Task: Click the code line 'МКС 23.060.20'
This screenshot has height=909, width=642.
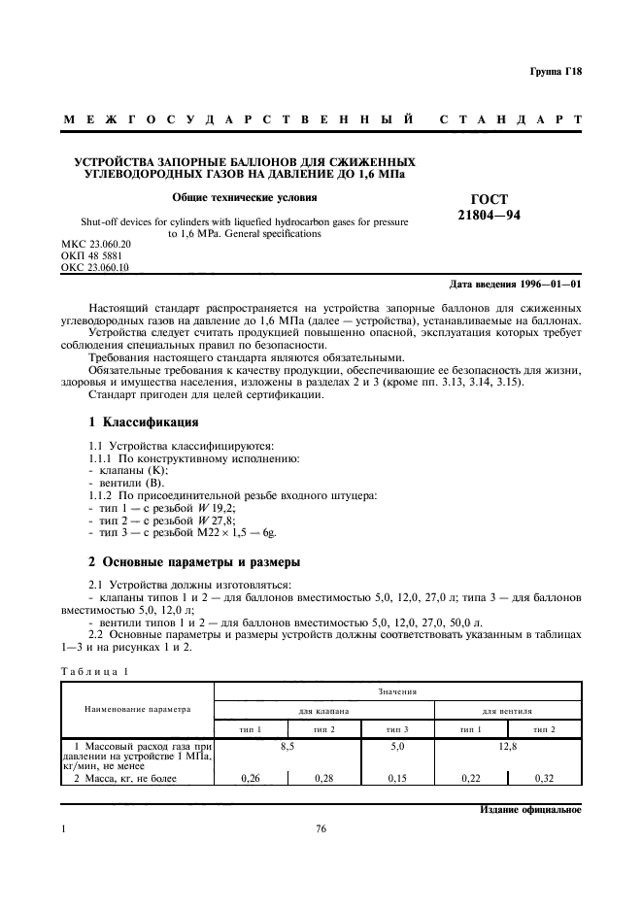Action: [95, 243]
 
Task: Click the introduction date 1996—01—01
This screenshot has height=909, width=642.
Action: [516, 285]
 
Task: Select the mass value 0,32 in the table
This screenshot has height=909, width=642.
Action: [544, 778]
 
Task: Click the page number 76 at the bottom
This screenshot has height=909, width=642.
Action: [321, 829]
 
